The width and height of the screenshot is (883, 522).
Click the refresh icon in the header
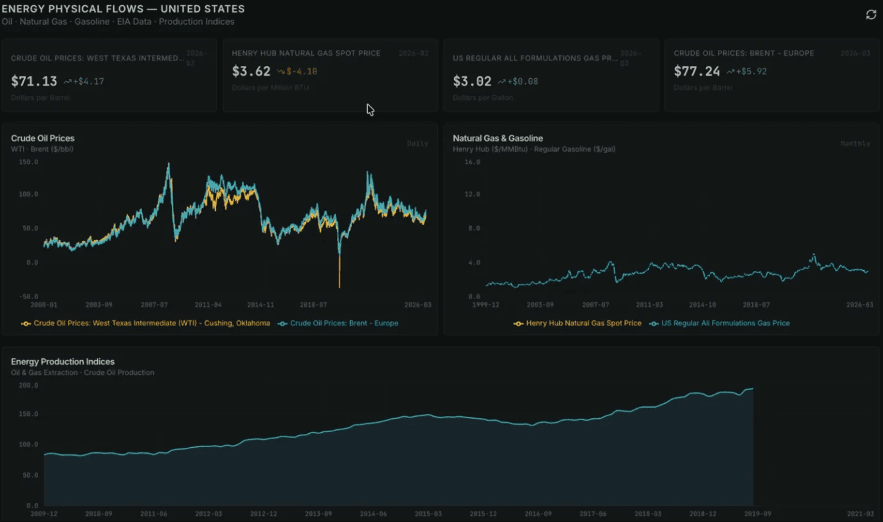870,14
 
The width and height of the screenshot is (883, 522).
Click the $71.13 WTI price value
34,82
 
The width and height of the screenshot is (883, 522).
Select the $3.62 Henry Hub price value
251,71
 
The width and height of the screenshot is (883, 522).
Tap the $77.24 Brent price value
697,71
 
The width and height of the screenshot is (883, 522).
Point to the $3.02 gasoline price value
472,82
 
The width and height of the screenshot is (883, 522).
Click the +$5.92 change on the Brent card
751,71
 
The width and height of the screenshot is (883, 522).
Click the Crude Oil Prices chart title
43,138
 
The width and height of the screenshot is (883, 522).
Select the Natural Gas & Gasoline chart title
497,138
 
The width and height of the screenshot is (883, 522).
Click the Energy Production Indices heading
63,362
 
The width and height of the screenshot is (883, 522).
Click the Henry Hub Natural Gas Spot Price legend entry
583,323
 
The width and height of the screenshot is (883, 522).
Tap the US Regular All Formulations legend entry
724,323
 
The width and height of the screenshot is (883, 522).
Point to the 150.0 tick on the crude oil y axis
27,161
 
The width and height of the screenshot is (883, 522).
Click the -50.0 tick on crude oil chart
27,297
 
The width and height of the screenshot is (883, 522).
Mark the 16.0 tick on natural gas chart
472,161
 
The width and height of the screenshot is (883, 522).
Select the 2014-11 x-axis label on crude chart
261,305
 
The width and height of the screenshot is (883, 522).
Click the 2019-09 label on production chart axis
757,513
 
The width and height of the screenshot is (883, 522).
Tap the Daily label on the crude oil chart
417,143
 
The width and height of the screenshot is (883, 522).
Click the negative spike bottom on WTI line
340,287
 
